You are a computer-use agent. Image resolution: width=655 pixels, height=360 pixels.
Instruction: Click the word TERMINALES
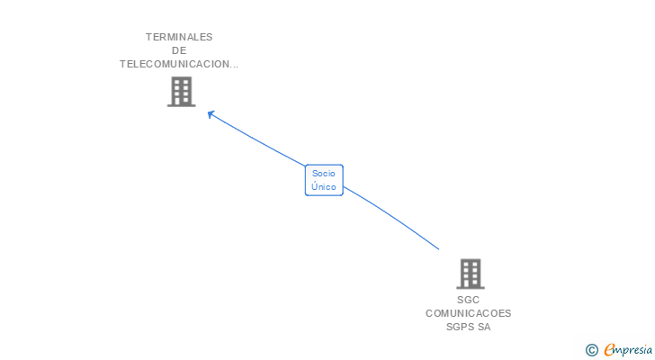(179, 37)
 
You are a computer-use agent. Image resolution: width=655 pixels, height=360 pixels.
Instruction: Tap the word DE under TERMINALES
(179, 50)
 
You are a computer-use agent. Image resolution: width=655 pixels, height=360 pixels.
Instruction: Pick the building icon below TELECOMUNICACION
(181, 91)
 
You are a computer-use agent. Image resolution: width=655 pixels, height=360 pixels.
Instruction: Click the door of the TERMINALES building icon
(181, 102)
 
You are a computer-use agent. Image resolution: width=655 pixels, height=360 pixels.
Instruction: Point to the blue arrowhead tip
(209, 112)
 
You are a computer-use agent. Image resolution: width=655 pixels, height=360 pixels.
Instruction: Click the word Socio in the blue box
(324, 173)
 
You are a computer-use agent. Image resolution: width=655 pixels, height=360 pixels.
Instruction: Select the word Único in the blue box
(324, 186)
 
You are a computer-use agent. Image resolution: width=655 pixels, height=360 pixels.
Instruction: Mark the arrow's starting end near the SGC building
(438, 248)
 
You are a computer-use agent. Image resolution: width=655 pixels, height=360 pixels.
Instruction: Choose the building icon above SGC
(470, 274)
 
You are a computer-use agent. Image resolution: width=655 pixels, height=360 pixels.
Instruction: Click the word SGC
(468, 300)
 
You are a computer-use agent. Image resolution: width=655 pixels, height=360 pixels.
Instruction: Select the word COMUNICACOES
(468, 313)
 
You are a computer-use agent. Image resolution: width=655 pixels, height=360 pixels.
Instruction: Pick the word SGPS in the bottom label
(461, 327)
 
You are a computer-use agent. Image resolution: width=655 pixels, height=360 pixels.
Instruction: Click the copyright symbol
(591, 350)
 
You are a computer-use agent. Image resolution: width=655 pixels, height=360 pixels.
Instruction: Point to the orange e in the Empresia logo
(609, 350)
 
